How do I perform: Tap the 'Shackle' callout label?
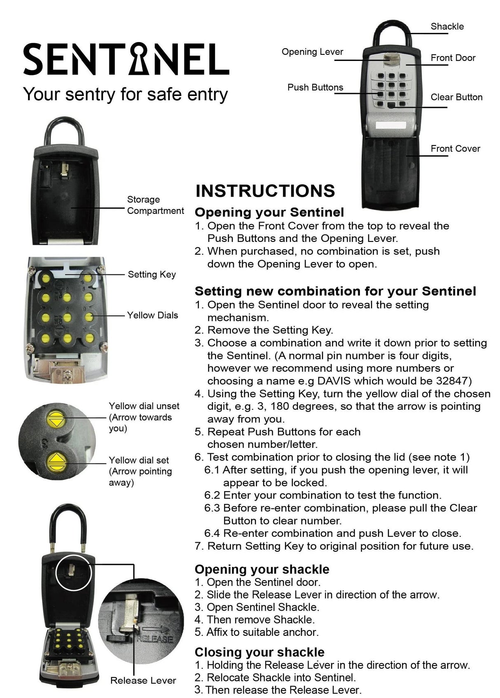(447, 26)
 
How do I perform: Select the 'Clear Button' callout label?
(456, 97)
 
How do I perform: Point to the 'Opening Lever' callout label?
(312, 52)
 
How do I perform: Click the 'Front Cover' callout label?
(455, 149)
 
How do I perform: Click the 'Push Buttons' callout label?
(315, 87)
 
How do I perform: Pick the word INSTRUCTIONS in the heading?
(265, 191)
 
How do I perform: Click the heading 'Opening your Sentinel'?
(269, 213)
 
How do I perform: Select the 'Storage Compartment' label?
(155, 205)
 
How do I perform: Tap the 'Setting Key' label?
(152, 274)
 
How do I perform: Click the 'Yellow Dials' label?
(152, 315)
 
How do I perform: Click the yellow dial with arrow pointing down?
(56, 419)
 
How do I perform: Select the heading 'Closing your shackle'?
(259, 652)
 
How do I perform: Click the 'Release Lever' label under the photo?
(143, 681)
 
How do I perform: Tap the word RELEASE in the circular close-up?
(154, 639)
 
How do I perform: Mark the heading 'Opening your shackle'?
(262, 569)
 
